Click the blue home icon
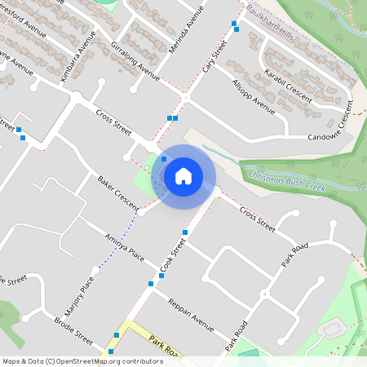(x=183, y=176)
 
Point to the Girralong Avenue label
(x=135, y=55)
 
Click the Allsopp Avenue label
(x=254, y=95)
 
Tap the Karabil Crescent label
(x=287, y=85)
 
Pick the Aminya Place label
(x=125, y=247)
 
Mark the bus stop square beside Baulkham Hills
(x=235, y=24)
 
